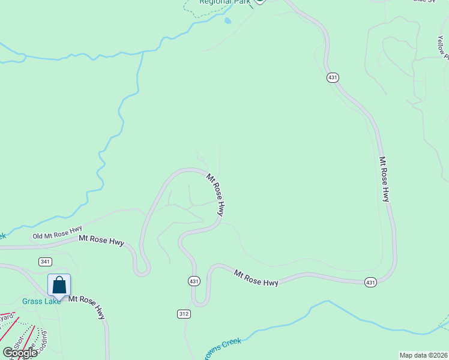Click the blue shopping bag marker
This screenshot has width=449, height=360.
pyautogui.click(x=59, y=285)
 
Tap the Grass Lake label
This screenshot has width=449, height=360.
pyautogui.click(x=41, y=301)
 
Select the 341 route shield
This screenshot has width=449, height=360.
pyautogui.click(x=44, y=262)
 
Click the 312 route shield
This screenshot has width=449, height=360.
pyautogui.click(x=184, y=314)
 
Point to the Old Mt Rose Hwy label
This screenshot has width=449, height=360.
pyautogui.click(x=57, y=233)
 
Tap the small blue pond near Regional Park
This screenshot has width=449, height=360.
pyautogui.click(x=228, y=21)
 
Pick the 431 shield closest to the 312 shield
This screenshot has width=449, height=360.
pyautogui.click(x=193, y=281)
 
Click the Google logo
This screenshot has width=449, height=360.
pyautogui.click(x=20, y=353)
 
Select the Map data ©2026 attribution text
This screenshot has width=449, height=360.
pyautogui.click(x=423, y=355)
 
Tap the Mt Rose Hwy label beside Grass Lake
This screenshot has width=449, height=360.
pyautogui.click(x=87, y=307)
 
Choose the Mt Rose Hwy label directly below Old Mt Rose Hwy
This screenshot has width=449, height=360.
pyautogui.click(x=101, y=241)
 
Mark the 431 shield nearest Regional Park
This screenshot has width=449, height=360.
pyautogui.click(x=333, y=78)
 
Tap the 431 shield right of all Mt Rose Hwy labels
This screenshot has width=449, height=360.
pyautogui.click(x=370, y=282)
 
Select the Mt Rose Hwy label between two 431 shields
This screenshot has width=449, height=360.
pyautogui.click(x=256, y=278)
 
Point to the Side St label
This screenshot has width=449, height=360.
pyautogui.click(x=424, y=1)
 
